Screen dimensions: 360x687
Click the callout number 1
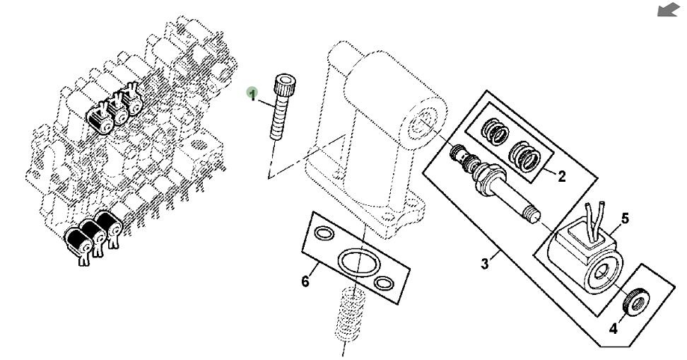coord(252,93)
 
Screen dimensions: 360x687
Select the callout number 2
coord(561,177)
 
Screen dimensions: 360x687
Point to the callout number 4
coord(612,328)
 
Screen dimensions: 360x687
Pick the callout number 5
coord(624,219)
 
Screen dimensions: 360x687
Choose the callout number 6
coord(305,281)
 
